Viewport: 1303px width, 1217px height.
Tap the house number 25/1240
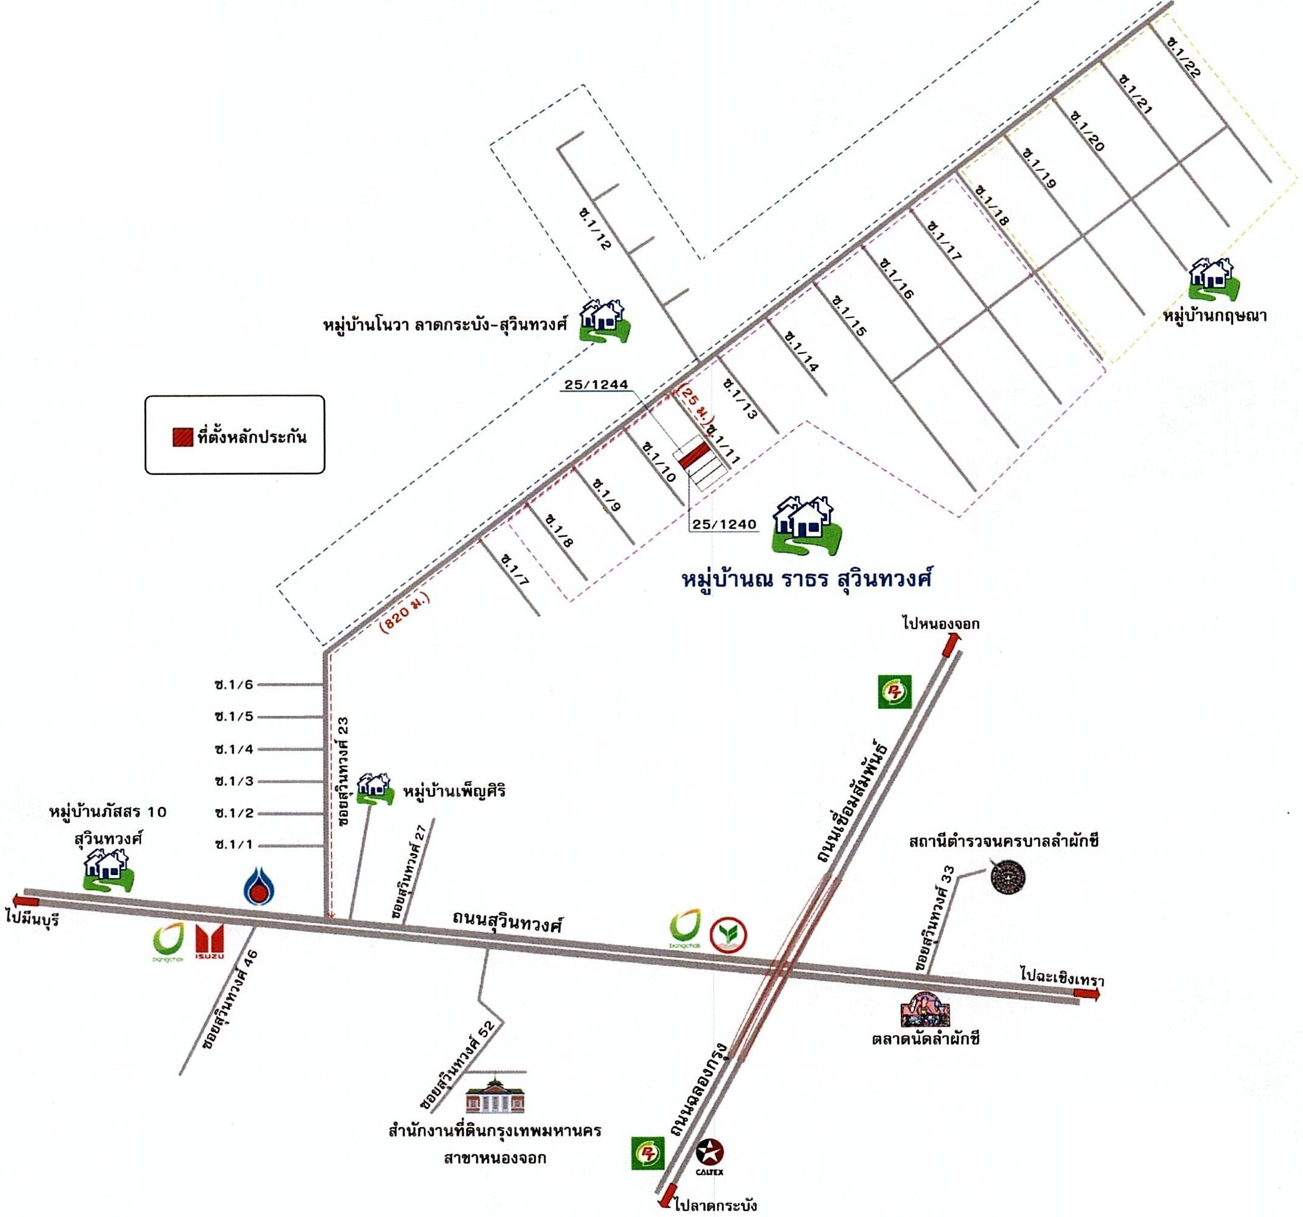pyautogui.click(x=724, y=524)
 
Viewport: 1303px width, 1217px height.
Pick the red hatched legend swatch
pyautogui.click(x=182, y=437)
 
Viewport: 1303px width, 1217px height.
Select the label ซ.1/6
pyautogui.click(x=234, y=685)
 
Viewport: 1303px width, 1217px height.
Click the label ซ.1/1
pyautogui.click(x=234, y=845)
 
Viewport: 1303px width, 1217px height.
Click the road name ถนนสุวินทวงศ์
pyautogui.click(x=508, y=922)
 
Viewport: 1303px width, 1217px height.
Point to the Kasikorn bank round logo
pyautogui.click(x=729, y=935)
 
